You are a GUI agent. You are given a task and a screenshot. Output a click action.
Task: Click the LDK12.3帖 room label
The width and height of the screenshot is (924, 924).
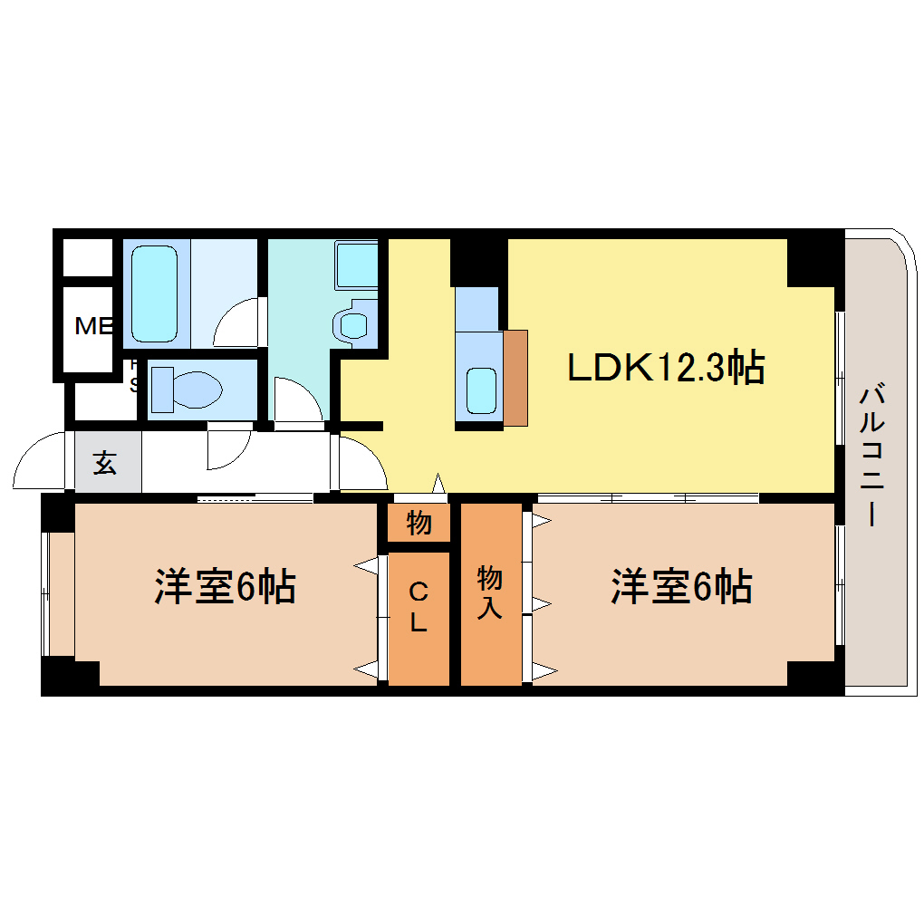666,369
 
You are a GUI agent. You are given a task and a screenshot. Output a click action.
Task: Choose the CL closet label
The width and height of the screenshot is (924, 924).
419,608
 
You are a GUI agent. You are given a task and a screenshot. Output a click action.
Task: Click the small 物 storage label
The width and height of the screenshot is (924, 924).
419,523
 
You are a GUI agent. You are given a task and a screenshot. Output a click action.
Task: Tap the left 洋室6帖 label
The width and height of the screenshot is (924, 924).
225,588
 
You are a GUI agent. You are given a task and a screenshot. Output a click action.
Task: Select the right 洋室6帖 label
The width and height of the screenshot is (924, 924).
681,588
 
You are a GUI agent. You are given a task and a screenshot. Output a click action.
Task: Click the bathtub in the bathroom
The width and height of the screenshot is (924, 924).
155,291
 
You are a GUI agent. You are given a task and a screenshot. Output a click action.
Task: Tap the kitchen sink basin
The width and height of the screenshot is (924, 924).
480,390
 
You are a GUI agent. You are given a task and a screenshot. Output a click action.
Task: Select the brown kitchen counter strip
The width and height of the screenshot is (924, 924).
515,377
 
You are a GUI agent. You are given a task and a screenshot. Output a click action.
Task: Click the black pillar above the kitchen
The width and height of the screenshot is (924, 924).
478,261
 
